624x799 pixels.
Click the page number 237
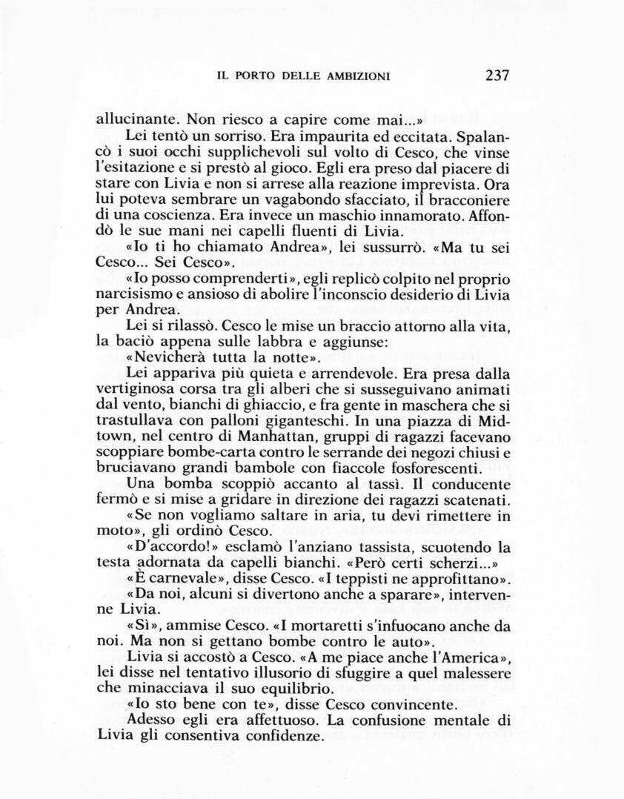tap(497, 75)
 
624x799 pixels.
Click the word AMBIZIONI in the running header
tap(354, 76)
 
